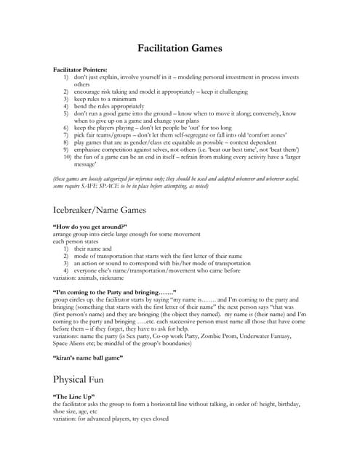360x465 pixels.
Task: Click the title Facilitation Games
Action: pyautogui.click(x=180, y=49)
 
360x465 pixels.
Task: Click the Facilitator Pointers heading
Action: pyautogui.click(x=84, y=69)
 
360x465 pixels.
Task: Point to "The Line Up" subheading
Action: pyautogui.click(x=76, y=396)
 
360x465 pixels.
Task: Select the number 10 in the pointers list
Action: pyautogui.click(x=67, y=158)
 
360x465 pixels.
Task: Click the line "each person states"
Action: pyautogui.click(x=76, y=241)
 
